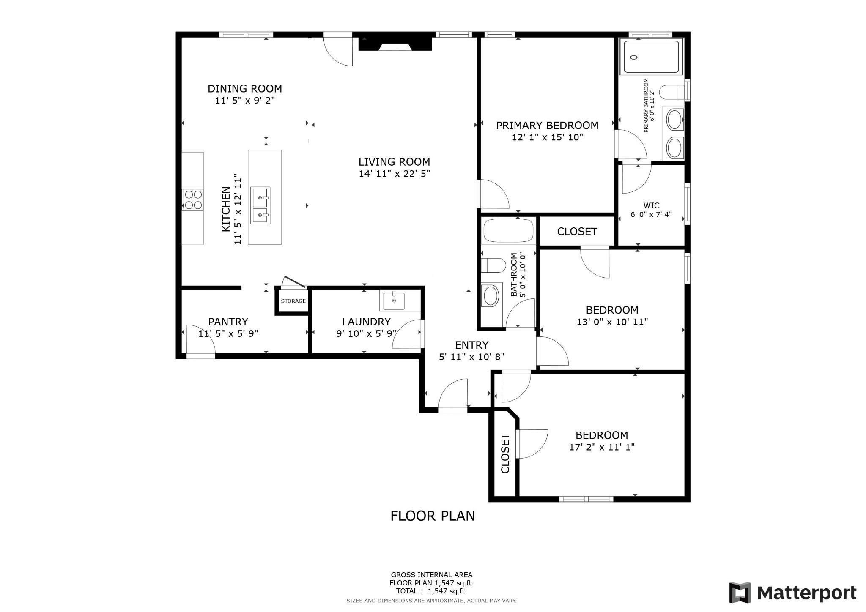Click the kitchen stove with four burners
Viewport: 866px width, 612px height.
click(x=193, y=199)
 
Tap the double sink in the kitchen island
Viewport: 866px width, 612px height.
click(x=260, y=205)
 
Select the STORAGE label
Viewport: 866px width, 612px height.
click(x=293, y=301)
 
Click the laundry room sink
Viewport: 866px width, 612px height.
click(x=394, y=301)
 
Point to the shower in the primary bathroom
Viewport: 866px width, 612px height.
click(x=651, y=57)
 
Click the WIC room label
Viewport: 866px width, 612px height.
click(x=651, y=206)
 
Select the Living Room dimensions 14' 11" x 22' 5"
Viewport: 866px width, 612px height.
click(x=394, y=174)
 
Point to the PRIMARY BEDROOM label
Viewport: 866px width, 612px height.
click(x=547, y=126)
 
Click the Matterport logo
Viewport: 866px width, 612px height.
click(x=793, y=593)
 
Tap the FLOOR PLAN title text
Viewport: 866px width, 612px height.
click(x=432, y=516)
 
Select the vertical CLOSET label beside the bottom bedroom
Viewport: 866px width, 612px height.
click(x=505, y=454)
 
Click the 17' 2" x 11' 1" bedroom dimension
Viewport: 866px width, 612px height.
click(x=601, y=447)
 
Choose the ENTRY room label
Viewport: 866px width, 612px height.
click(x=471, y=345)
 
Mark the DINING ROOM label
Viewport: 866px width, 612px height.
click(x=244, y=89)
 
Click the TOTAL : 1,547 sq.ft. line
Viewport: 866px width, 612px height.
click(x=431, y=591)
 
